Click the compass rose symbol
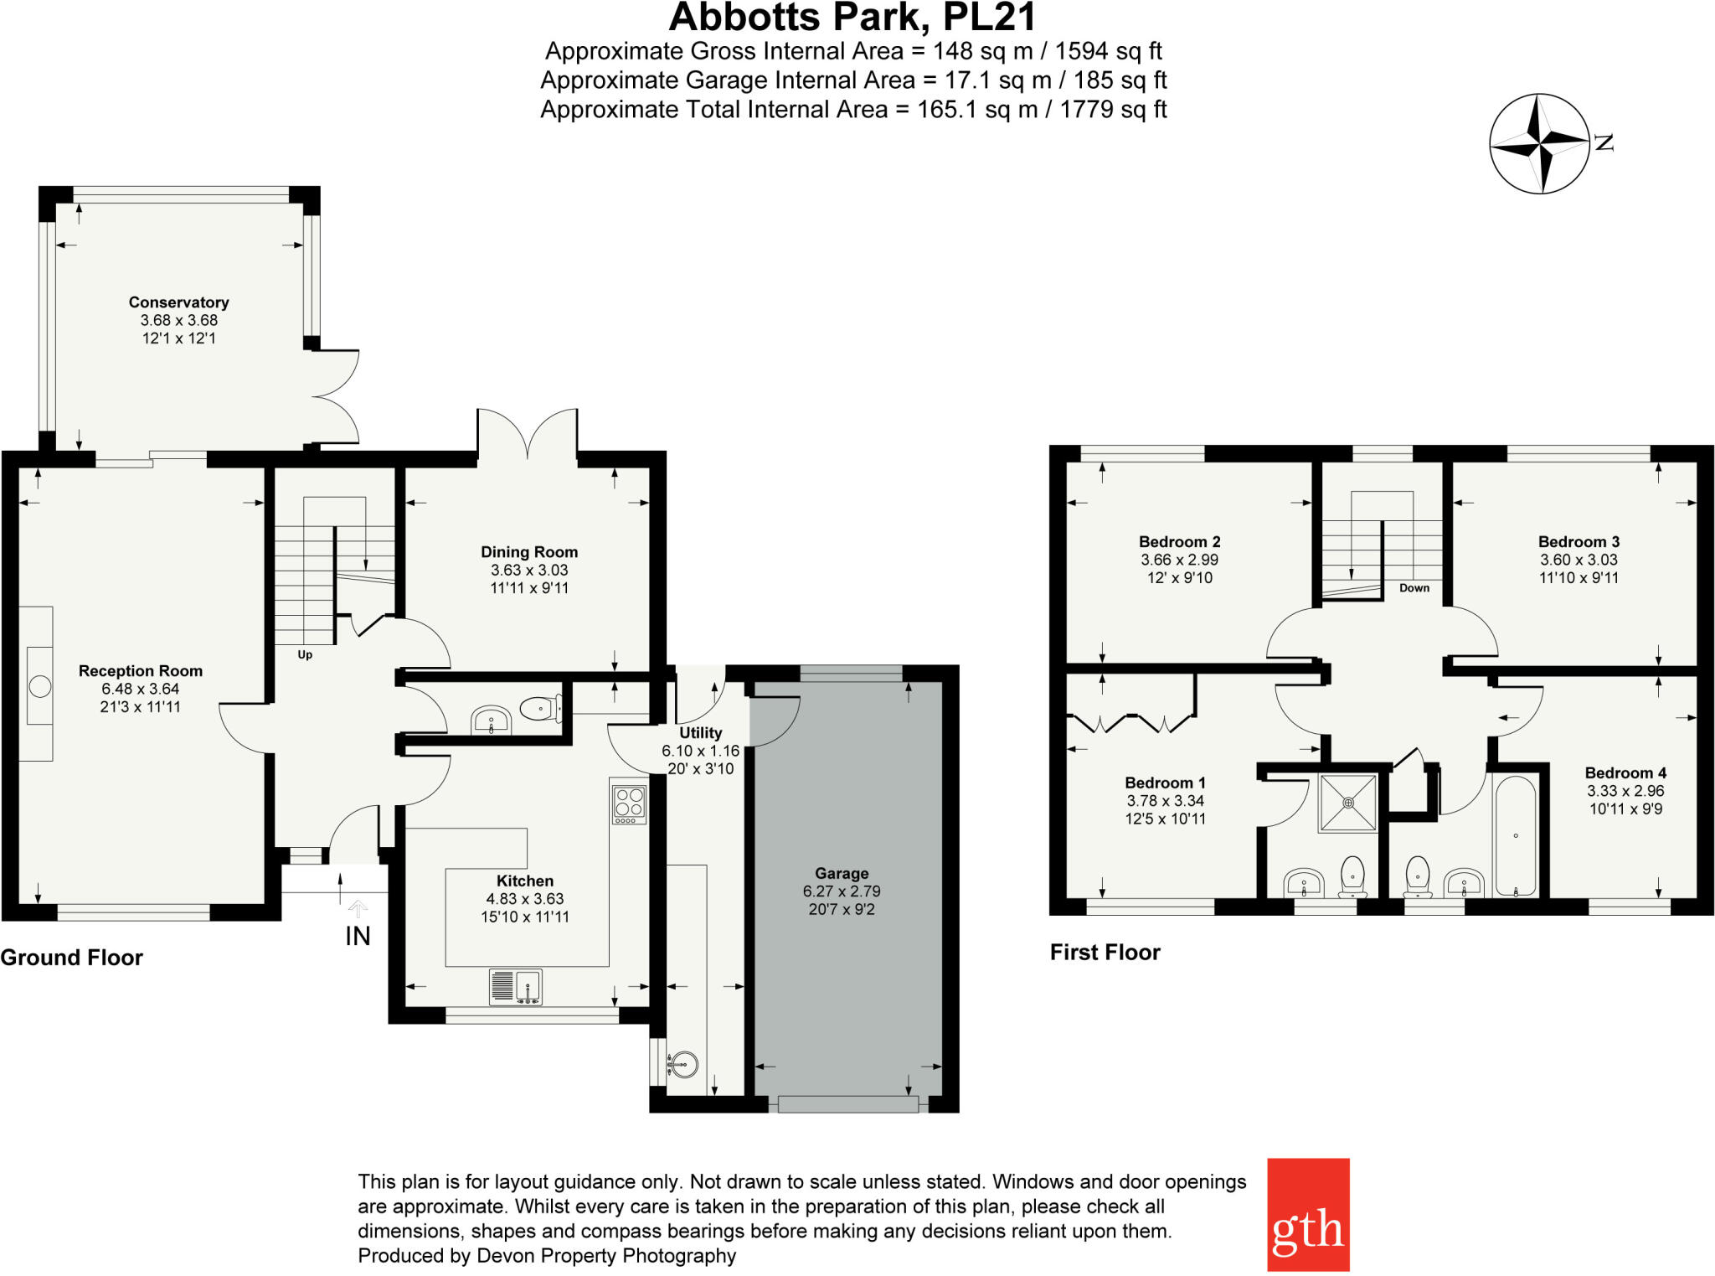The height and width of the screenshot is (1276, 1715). [1539, 144]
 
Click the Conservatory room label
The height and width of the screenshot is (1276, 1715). [178, 302]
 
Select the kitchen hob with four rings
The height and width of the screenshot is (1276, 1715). [629, 802]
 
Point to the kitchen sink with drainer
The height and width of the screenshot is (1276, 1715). [515, 986]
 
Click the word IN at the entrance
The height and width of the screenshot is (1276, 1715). [358, 936]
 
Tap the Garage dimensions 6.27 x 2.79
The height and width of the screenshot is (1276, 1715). [842, 891]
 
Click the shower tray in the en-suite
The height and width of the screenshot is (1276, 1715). [1348, 803]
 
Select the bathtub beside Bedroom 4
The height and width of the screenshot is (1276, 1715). [1515, 836]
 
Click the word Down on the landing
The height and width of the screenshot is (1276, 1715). [1414, 588]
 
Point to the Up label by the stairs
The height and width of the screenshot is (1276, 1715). [305, 655]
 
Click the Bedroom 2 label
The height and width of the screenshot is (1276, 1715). [1179, 542]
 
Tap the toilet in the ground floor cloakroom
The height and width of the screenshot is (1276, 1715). [539, 710]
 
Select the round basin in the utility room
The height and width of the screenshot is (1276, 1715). [684, 1064]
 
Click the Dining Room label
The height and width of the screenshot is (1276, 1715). [529, 552]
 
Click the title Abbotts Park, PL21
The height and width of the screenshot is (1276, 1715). [852, 17]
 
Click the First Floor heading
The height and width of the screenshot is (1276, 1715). [1105, 952]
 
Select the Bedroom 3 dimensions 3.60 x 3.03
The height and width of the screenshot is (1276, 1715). [1579, 560]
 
